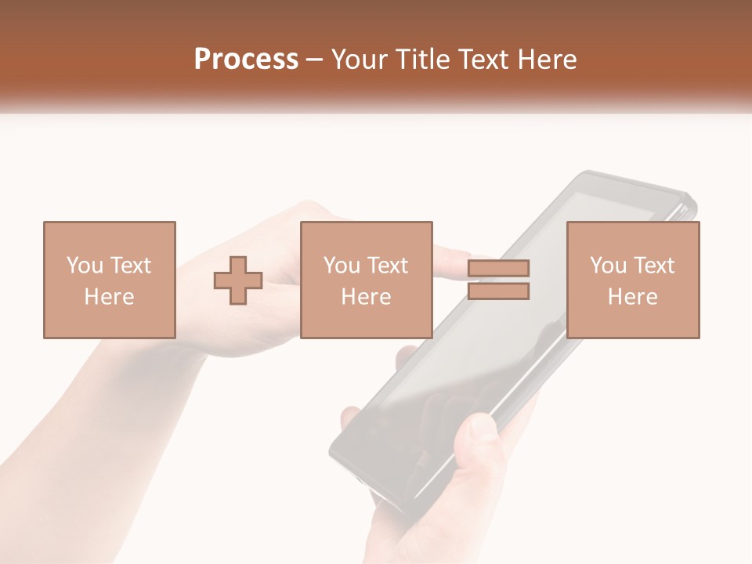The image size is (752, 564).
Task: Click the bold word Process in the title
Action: (246, 60)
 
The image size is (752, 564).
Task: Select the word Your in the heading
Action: (359, 60)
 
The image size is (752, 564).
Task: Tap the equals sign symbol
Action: (499, 280)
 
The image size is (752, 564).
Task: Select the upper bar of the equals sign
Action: (499, 269)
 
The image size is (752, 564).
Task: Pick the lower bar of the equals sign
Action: (499, 291)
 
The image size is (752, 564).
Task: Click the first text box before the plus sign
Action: (110, 280)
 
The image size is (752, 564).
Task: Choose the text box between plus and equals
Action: (367, 280)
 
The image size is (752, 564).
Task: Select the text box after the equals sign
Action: (633, 280)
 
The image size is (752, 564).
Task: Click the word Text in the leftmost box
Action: (131, 266)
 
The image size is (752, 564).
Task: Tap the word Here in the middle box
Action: (367, 297)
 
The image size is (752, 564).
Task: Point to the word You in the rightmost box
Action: (608, 266)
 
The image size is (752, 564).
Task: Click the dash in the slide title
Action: (315, 60)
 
